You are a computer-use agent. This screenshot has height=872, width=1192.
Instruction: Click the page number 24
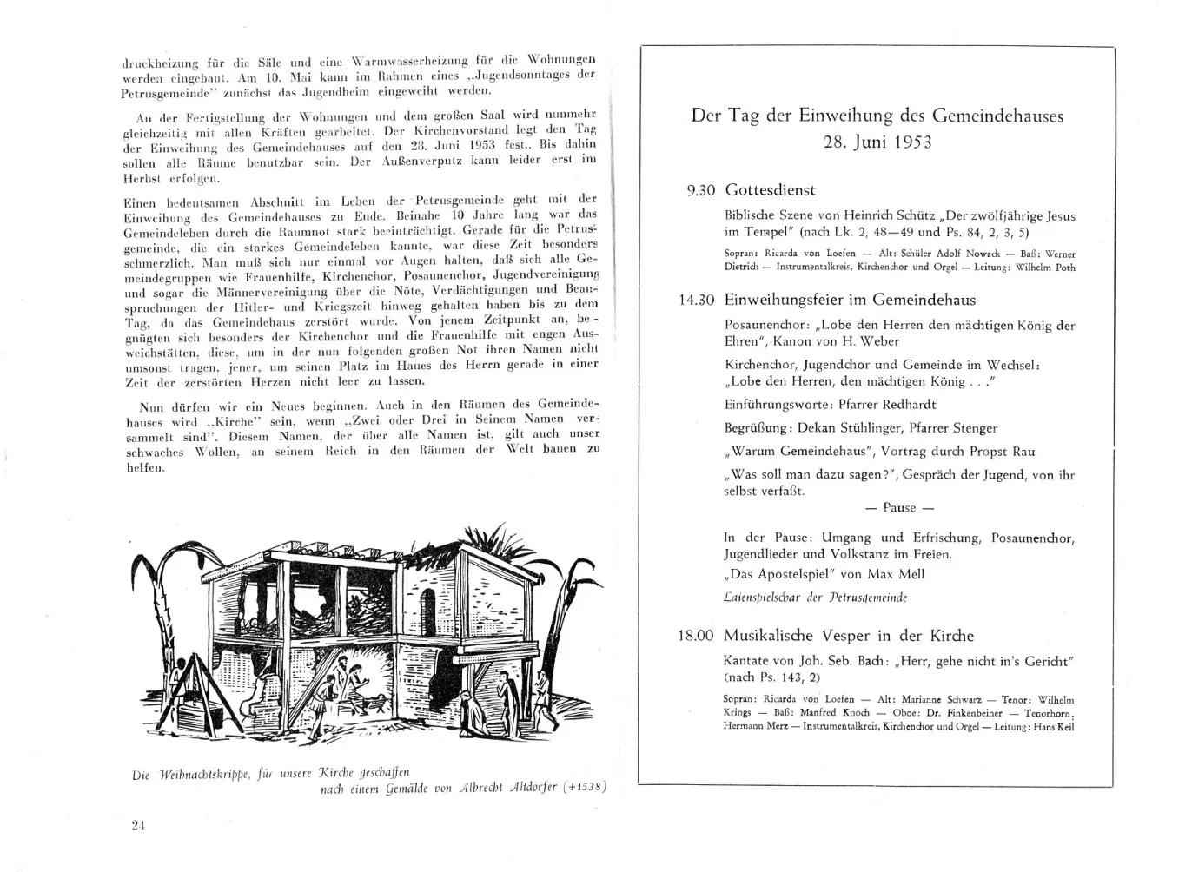pyautogui.click(x=137, y=826)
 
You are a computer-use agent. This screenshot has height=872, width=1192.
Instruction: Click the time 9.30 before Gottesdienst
pyautogui.click(x=702, y=190)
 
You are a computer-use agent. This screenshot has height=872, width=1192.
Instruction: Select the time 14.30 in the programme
pyautogui.click(x=697, y=300)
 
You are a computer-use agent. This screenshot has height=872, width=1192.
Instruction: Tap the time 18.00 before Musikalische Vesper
pyautogui.click(x=696, y=636)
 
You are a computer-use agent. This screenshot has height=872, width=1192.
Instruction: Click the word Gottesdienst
pyautogui.click(x=770, y=190)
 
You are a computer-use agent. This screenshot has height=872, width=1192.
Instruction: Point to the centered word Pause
pyautogui.click(x=899, y=508)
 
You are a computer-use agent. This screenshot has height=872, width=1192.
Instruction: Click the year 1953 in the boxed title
pyautogui.click(x=904, y=142)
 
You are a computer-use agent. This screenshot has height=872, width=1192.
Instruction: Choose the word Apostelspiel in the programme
pyautogui.click(x=791, y=574)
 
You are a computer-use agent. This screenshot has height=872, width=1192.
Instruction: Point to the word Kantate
pyautogui.click(x=747, y=661)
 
